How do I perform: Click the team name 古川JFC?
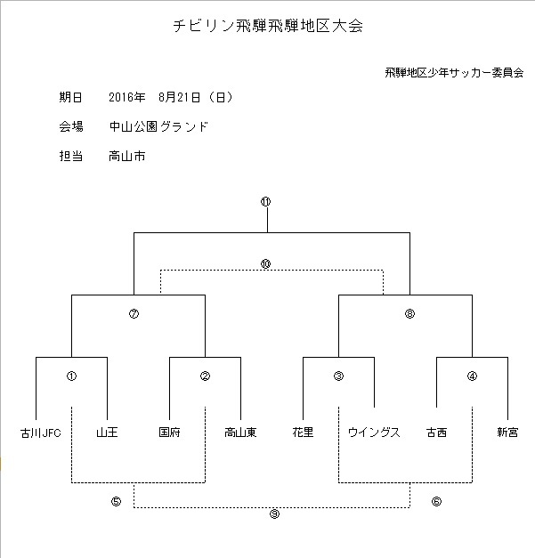41,433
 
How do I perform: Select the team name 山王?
107,433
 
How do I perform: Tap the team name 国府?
169,433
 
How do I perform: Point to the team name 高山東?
240,433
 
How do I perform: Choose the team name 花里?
303,433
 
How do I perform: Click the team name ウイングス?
374,433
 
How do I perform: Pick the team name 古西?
436,433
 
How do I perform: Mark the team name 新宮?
507,433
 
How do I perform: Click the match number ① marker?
71,376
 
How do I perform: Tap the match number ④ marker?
472,376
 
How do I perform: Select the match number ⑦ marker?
134,313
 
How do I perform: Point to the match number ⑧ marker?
409,313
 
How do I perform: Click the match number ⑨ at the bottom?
274,514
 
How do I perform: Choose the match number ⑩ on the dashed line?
265,263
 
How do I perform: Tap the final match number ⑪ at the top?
265,202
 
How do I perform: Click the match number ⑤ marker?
116,501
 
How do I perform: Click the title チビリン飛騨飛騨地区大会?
268,26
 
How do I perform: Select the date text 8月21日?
180,97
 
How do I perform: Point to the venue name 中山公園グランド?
158,126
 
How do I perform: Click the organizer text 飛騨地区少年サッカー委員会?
454,73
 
